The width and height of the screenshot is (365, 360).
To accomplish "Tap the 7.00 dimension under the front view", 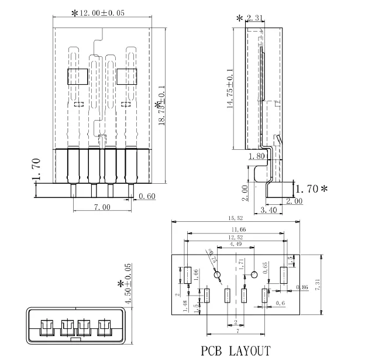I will point(102,207).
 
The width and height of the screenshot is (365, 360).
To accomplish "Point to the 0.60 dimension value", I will point(147,197).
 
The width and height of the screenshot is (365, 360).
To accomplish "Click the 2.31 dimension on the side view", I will point(254,19).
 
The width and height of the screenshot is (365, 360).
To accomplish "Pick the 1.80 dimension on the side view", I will point(257,156).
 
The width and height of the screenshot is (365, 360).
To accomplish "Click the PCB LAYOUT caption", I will point(236,351).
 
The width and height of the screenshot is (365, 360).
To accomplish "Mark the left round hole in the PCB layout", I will point(218,275).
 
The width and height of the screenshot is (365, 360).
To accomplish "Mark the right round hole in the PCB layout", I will point(255,275).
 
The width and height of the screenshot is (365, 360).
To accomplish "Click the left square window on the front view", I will point(77,77).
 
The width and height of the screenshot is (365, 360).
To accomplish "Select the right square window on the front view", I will point(126,77).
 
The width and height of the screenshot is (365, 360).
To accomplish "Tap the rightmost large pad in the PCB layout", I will point(284,275).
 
